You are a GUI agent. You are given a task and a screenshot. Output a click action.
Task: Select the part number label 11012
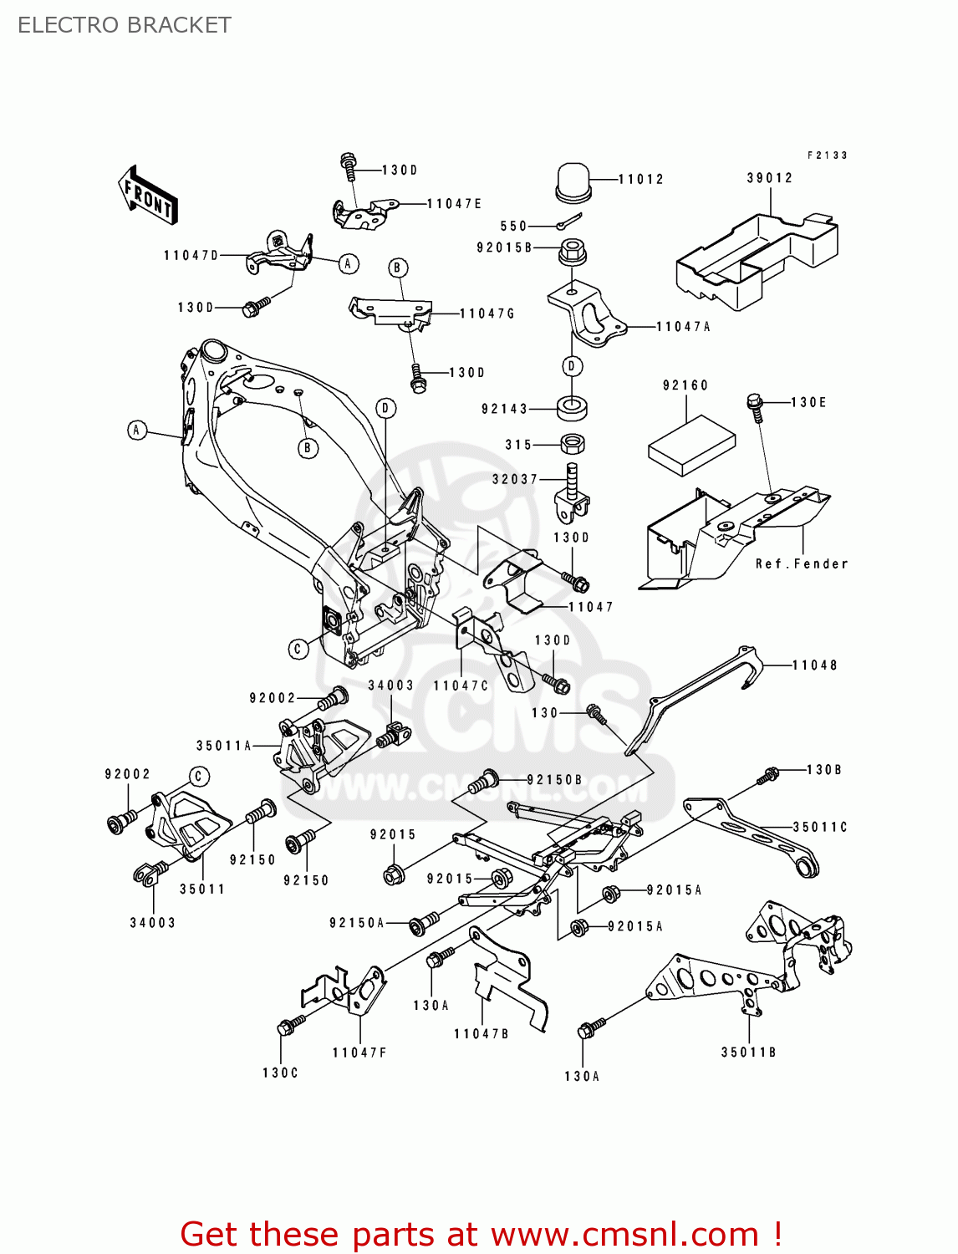(640, 179)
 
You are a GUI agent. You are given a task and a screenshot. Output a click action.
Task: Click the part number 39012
(769, 178)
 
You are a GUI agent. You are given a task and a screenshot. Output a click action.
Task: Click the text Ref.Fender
(802, 563)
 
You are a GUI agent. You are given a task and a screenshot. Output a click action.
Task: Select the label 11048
(814, 665)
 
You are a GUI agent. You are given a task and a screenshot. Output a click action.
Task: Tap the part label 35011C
(819, 827)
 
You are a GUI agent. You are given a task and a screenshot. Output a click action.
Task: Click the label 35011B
(748, 1053)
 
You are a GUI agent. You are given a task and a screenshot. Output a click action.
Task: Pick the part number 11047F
(359, 1053)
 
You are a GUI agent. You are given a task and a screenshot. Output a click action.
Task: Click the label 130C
(280, 1073)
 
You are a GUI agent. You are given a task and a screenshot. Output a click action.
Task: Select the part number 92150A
(357, 923)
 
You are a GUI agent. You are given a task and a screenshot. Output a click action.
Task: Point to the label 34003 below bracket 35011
(152, 923)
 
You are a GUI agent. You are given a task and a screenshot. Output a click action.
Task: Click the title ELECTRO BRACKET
(125, 25)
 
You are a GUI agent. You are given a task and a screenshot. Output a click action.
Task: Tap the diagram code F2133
(827, 155)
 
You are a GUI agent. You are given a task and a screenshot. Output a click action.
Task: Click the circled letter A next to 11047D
(349, 264)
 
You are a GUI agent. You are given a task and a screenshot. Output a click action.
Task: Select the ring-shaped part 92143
(573, 409)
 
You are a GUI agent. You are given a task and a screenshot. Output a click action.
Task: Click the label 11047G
(487, 313)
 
